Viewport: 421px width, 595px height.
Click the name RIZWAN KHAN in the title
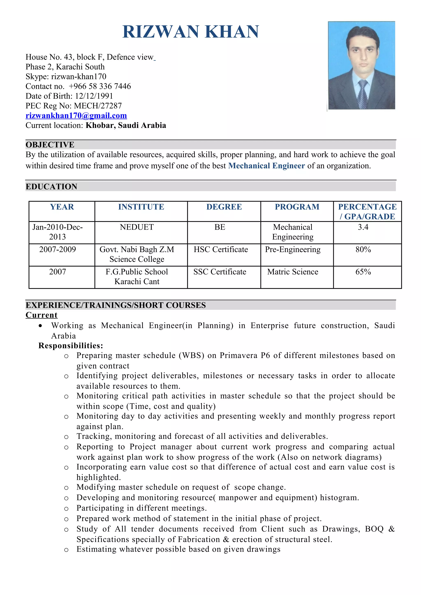(x=191, y=32)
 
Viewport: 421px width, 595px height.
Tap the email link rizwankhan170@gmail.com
(x=76, y=116)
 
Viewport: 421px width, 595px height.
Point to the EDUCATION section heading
(x=51, y=187)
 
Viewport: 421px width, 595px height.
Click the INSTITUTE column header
(x=141, y=207)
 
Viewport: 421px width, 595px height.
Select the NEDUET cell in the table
(x=137, y=227)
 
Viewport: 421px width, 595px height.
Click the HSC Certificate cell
(x=221, y=249)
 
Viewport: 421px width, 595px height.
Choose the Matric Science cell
(x=293, y=272)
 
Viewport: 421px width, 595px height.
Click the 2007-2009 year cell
(x=58, y=249)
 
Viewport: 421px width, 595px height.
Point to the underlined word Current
(x=42, y=315)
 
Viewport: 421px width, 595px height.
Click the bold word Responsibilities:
(x=71, y=346)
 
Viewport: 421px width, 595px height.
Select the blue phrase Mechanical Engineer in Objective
(x=266, y=166)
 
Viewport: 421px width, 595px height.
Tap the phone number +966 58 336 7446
(x=100, y=86)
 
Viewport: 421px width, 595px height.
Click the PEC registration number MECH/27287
(x=98, y=106)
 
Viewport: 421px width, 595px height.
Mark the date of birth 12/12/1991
(x=94, y=96)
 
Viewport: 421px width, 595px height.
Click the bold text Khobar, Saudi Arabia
(x=126, y=125)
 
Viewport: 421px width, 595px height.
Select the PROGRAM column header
(x=297, y=207)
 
